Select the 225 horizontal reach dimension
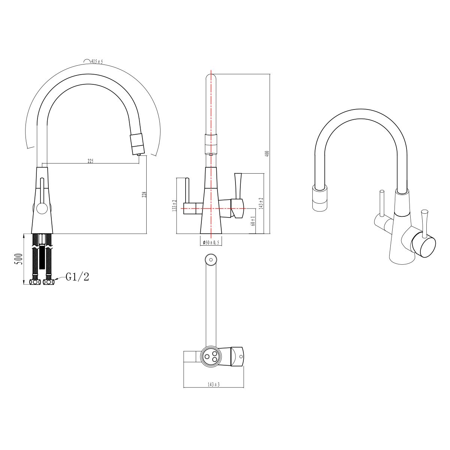[x=90, y=161]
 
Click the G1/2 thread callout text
[x=77, y=277]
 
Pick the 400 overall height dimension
[x=267, y=153]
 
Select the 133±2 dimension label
[x=174, y=205]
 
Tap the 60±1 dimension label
[x=253, y=221]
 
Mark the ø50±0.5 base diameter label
[x=211, y=243]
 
